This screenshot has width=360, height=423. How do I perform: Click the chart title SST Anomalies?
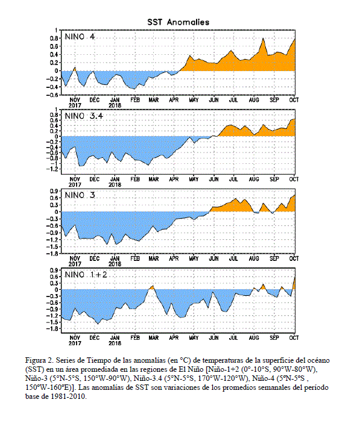178,22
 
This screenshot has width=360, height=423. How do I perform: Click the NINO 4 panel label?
80,36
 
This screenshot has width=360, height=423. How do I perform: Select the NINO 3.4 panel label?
84,116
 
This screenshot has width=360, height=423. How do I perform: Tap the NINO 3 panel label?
80,195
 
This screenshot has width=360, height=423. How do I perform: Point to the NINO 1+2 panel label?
86,275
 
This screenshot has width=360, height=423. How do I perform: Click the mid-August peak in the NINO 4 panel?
263,39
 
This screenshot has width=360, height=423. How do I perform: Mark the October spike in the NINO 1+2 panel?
294,282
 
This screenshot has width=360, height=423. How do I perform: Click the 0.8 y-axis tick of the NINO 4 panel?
54,39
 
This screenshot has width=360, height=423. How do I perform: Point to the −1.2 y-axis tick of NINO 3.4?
52,169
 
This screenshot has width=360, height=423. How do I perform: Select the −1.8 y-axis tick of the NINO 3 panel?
52,254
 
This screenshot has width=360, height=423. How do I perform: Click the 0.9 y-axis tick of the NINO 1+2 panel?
54,271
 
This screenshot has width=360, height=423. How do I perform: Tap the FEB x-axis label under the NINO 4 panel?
135,100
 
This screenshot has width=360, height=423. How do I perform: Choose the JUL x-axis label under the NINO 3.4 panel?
233,180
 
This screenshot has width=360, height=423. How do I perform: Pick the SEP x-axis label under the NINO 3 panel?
274,258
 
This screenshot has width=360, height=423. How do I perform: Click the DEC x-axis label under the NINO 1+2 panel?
95,338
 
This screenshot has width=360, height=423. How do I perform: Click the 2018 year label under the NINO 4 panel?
115,106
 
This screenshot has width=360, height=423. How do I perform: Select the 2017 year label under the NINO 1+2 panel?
75,343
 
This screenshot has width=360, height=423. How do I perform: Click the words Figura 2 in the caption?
39,360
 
